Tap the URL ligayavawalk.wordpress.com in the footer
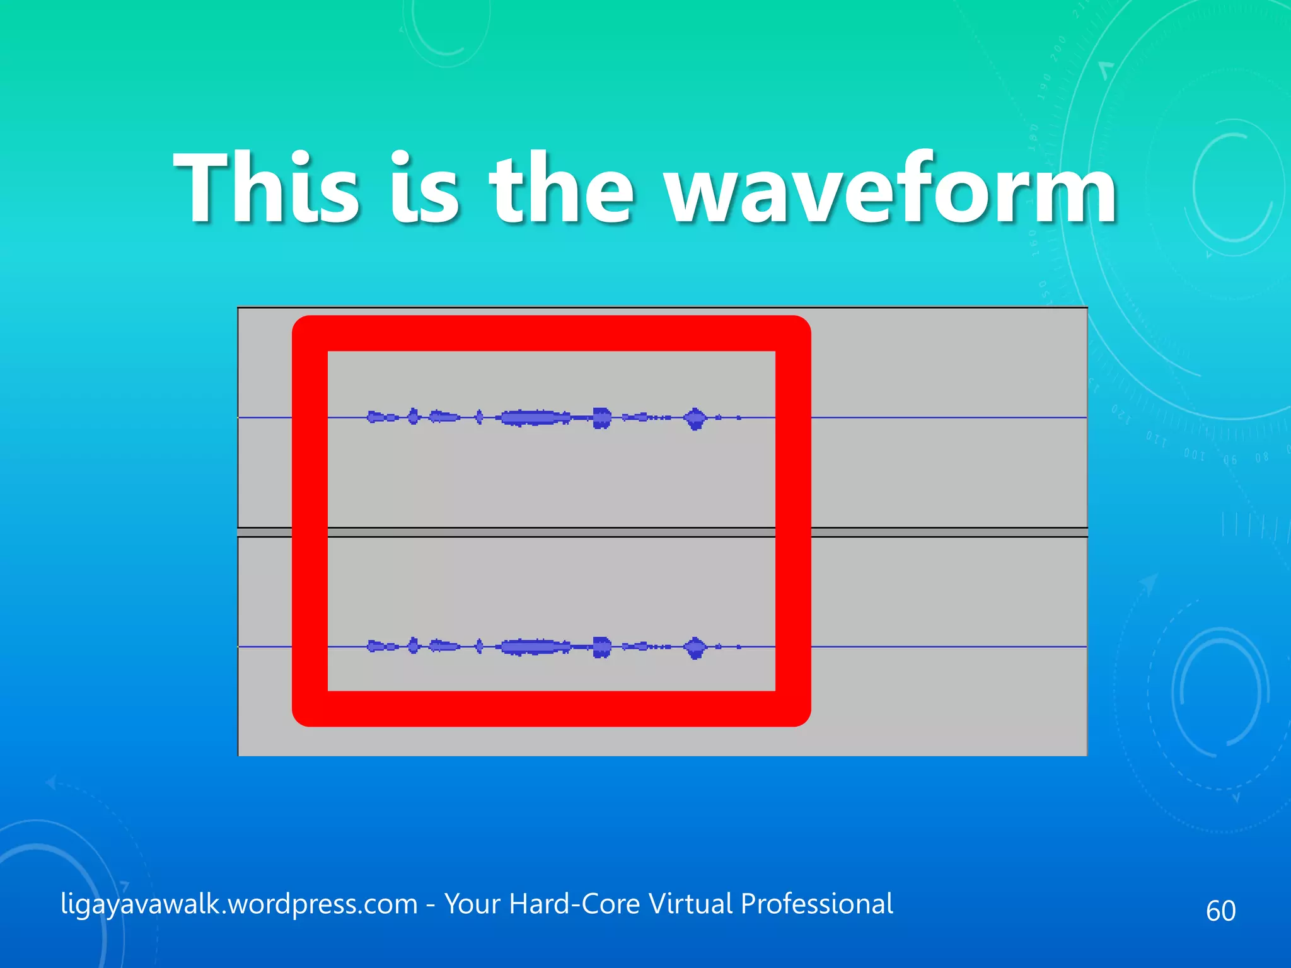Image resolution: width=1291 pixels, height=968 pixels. click(x=239, y=904)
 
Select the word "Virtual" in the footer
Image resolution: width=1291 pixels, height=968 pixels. click(x=690, y=904)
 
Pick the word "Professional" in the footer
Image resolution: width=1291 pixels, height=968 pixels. click(x=816, y=904)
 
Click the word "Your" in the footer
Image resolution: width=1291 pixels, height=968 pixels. click(x=473, y=904)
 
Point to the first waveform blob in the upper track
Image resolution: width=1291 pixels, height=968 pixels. click(x=376, y=417)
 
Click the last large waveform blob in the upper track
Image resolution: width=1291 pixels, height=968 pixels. click(x=695, y=418)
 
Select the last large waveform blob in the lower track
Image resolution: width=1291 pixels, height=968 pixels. click(x=695, y=647)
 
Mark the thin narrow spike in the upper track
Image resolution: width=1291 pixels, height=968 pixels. click(x=479, y=417)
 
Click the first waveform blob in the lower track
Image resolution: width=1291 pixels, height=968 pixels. click(x=376, y=647)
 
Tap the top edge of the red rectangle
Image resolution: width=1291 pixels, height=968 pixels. click(x=552, y=333)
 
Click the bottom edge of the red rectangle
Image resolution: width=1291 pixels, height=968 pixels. click(x=552, y=709)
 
